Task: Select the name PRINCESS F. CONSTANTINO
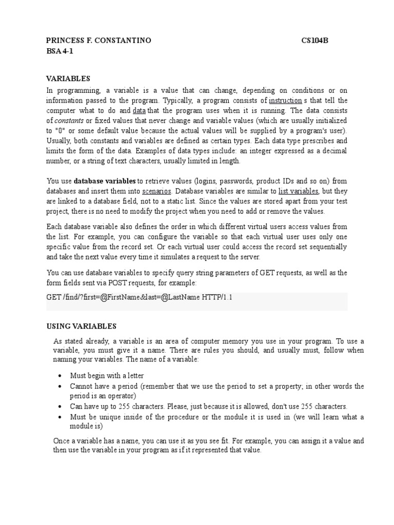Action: click(x=98, y=41)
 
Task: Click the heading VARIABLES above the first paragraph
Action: click(x=68, y=78)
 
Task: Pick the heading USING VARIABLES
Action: click(x=82, y=326)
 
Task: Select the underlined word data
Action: click(x=139, y=110)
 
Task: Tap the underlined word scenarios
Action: click(x=156, y=191)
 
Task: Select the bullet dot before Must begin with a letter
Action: click(x=60, y=376)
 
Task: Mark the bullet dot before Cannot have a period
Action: click(x=60, y=386)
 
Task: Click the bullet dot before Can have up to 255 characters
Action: click(x=60, y=406)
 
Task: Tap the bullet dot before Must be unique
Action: click(x=60, y=416)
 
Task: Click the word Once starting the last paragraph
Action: click(x=62, y=440)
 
